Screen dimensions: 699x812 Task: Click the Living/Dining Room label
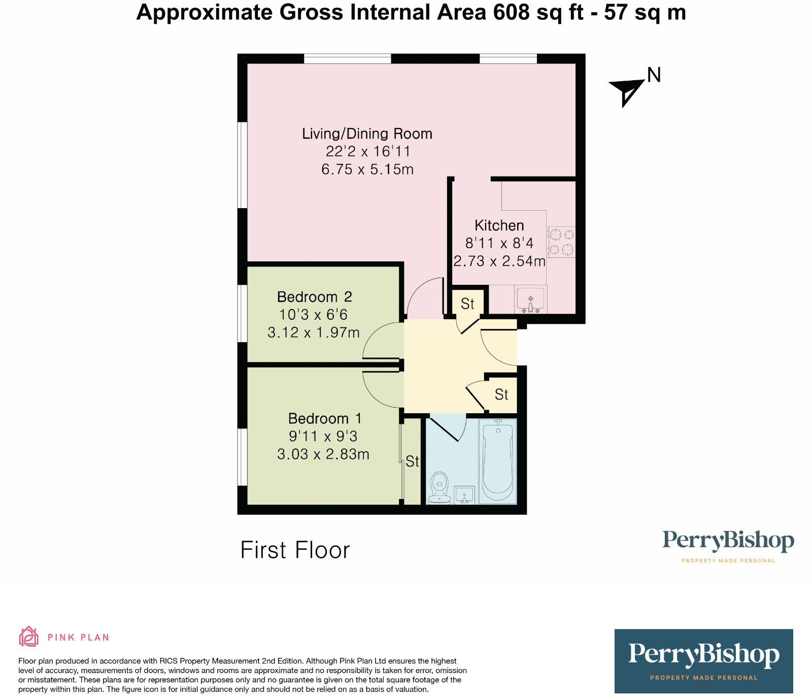367,134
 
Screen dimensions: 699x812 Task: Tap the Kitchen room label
499,225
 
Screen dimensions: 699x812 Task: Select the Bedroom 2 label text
314,296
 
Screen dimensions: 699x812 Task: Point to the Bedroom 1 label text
325,418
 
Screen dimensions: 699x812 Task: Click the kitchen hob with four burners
561,242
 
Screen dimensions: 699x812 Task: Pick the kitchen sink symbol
530,299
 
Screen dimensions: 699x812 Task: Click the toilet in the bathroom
439,488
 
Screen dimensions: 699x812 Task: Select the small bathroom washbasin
464,495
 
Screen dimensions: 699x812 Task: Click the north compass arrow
627,91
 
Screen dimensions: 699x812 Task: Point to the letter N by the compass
654,75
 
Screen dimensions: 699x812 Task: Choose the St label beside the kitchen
467,304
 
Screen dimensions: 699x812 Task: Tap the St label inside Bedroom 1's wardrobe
412,461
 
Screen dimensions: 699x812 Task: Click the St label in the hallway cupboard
501,394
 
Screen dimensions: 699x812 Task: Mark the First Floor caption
295,550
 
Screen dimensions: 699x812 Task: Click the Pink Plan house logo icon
29,637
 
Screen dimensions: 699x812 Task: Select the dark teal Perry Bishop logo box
703,661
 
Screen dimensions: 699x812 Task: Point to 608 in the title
512,12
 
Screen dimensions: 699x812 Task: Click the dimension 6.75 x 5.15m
367,169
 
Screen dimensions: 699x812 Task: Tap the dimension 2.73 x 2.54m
499,261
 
